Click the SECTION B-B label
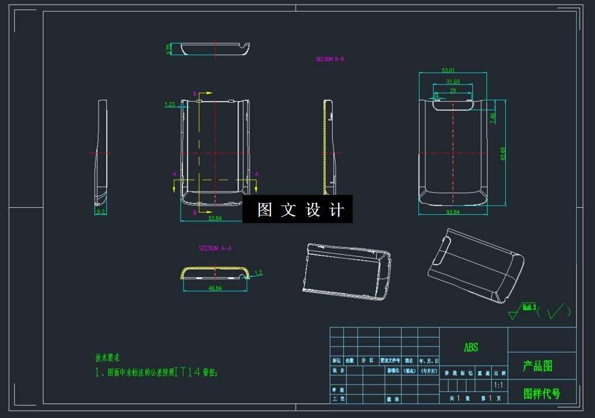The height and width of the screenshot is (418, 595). pyautogui.click(x=330, y=59)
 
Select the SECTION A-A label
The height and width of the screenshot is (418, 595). pyautogui.click(x=215, y=248)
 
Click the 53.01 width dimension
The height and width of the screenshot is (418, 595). pyautogui.click(x=453, y=70)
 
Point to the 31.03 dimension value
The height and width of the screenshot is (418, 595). pyautogui.click(x=453, y=82)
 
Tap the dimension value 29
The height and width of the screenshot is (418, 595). pyautogui.click(x=453, y=90)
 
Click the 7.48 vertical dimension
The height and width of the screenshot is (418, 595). pyautogui.click(x=493, y=118)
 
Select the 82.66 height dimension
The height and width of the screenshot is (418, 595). pyautogui.click(x=503, y=153)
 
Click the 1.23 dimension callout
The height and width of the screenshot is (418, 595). pyautogui.click(x=170, y=105)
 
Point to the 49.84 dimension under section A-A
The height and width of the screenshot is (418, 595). pyautogui.click(x=215, y=288)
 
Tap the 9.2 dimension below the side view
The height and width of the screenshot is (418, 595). pyautogui.click(x=101, y=211)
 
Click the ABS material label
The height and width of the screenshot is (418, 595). pyautogui.click(x=471, y=348)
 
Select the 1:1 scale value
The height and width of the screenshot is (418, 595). pyautogui.click(x=499, y=386)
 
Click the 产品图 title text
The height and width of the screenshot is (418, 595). pyautogui.click(x=537, y=366)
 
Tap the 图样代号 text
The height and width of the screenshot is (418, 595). pyautogui.click(x=542, y=393)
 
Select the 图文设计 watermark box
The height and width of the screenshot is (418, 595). pyautogui.click(x=297, y=209)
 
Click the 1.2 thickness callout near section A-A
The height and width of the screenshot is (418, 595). pyautogui.click(x=258, y=272)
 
